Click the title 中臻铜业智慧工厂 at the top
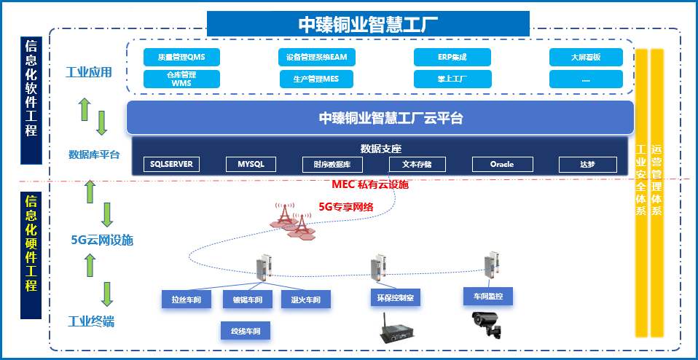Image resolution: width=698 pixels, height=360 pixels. point(368,23)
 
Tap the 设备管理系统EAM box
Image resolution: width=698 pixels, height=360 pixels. point(315,57)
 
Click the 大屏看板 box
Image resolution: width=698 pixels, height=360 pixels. point(586,57)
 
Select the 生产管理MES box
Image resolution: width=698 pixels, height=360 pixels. point(315,79)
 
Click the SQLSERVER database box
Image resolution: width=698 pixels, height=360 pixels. point(171,164)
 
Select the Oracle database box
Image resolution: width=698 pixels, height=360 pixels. point(502,164)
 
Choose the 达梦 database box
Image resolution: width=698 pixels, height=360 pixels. point(587,164)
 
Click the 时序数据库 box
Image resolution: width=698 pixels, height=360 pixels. point(332,164)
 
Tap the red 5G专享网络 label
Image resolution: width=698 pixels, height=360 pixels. point(346,206)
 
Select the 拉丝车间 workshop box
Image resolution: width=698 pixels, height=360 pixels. point(186,299)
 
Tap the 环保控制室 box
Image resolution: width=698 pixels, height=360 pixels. point(396,297)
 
